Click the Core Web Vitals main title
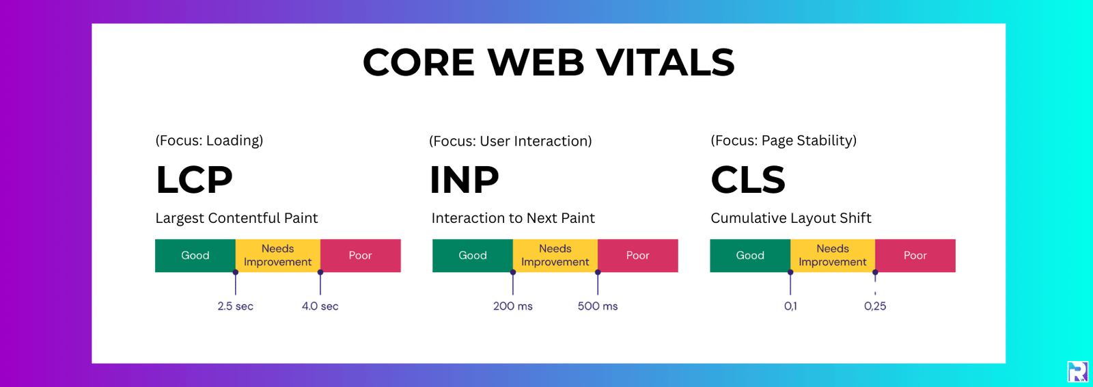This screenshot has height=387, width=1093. (548, 62)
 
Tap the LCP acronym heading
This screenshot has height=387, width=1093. (194, 180)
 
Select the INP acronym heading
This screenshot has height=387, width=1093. (464, 180)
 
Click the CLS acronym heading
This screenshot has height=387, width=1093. (747, 180)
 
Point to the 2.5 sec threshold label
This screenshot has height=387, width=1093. (235, 306)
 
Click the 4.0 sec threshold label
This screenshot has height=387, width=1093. (320, 306)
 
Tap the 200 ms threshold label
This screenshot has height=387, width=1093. (512, 306)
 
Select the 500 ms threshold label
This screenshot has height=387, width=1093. (597, 306)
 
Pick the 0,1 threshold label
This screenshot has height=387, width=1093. (790, 306)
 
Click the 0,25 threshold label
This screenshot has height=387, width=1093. (874, 306)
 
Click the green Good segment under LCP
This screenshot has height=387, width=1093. (195, 256)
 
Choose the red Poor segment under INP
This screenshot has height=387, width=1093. (637, 256)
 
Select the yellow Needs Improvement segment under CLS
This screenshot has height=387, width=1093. (832, 256)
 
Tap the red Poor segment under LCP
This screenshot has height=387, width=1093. (360, 256)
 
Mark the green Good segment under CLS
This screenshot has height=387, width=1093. (749, 256)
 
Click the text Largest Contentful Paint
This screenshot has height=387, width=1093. (236, 218)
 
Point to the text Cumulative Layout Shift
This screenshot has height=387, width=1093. (790, 218)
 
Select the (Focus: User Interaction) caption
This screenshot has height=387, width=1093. (510, 141)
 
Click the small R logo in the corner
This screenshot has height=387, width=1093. (1077, 371)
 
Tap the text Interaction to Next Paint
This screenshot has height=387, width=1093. (513, 218)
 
